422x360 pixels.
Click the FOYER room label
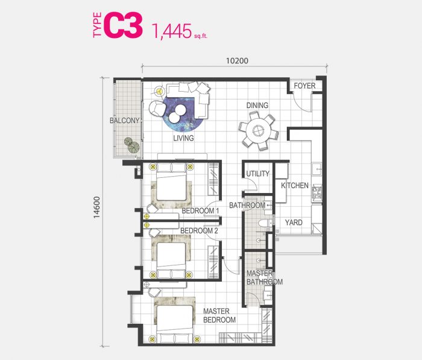tap(304, 86)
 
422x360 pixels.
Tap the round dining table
tap(259, 131)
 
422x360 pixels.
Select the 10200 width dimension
tap(237, 61)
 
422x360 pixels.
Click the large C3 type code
tap(123, 25)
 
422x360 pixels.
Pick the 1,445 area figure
tap(171, 31)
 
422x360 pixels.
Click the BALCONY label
tap(124, 121)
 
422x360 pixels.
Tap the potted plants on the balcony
tap(132, 145)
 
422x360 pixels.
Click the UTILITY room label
tap(258, 174)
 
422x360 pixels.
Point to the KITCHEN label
tap(295, 185)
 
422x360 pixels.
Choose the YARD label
tap(294, 223)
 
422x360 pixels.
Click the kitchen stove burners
tap(316, 191)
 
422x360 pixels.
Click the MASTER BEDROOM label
tap(219, 315)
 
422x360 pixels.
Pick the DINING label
tap(257, 105)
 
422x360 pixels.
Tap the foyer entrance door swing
tap(302, 103)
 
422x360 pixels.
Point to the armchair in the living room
tap(157, 109)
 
